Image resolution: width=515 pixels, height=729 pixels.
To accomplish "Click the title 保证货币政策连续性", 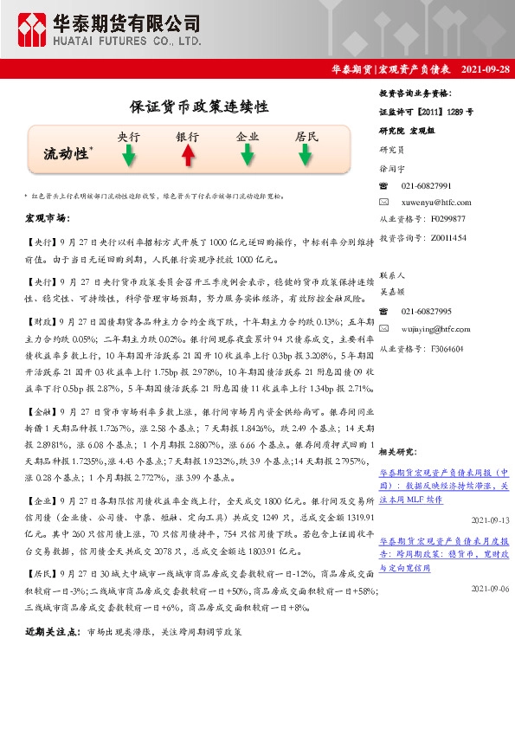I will [199, 107].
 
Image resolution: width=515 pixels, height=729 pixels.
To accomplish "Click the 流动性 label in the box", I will [68, 154].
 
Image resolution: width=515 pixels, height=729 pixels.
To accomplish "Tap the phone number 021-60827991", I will [426, 186].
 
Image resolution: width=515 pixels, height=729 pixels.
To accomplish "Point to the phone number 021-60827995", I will [426, 312].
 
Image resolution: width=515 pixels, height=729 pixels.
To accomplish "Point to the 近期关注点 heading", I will [54, 633].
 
